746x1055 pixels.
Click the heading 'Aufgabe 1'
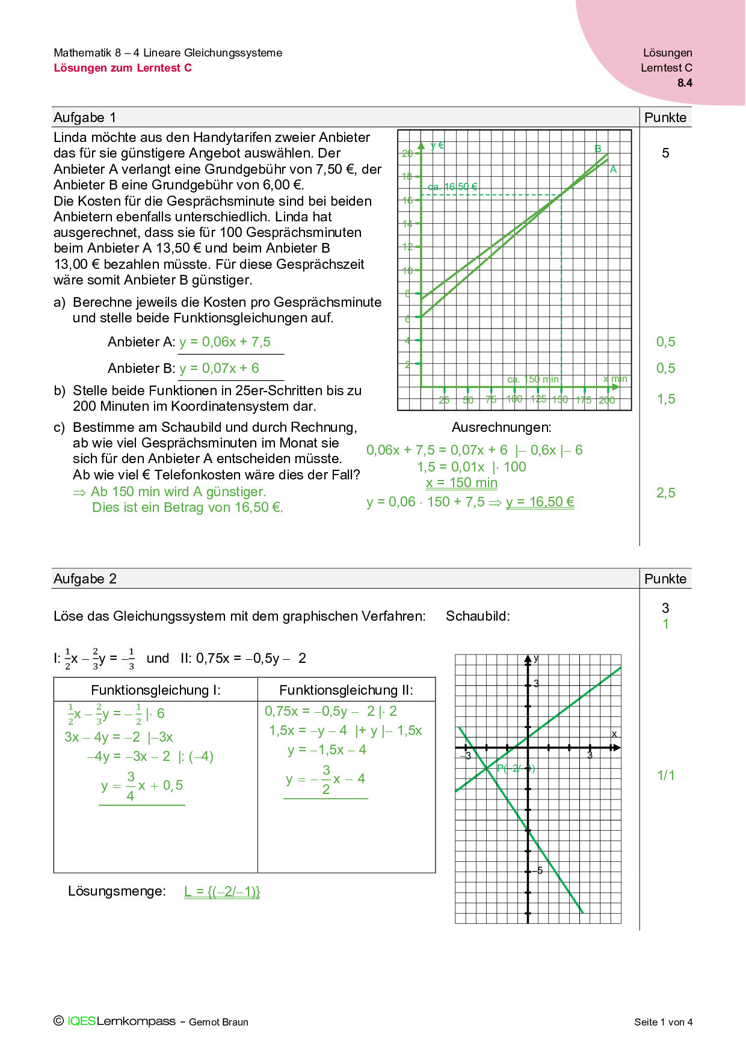point(85,118)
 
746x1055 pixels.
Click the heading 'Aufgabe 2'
point(85,579)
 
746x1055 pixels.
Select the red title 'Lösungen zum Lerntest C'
point(123,68)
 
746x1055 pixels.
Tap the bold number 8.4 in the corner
point(685,83)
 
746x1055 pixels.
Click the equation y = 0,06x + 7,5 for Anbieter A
point(225,342)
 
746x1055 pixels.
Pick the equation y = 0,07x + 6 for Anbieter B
point(219,369)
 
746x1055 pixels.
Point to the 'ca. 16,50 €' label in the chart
point(452,187)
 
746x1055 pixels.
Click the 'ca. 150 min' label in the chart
point(533,380)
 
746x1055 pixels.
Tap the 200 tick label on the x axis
point(607,400)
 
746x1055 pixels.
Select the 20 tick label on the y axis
point(407,154)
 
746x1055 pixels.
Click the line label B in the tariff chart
point(598,149)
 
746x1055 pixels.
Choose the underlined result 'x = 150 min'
point(461,483)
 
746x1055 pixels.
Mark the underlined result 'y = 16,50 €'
point(540,502)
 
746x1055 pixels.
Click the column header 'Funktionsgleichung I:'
point(156,691)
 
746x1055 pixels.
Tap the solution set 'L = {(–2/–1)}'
point(222,891)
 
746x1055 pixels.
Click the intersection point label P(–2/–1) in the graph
point(516,769)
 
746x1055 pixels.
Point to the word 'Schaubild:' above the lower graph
point(478,617)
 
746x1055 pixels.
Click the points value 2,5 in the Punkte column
point(665,493)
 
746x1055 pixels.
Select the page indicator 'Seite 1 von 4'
point(663,1022)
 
